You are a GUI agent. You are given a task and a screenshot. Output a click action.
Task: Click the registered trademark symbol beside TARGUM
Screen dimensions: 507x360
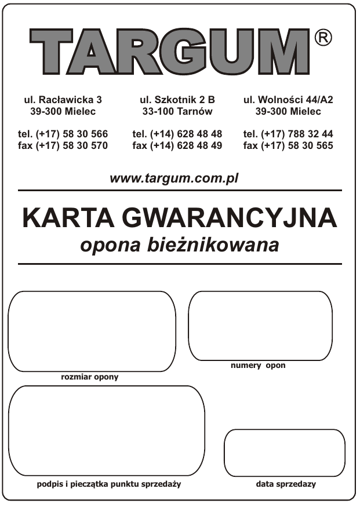[x=323, y=38]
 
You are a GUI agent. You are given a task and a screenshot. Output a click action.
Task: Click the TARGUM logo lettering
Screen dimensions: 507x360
[x=170, y=50]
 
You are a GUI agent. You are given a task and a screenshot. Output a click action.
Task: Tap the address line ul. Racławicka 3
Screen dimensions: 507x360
[x=63, y=100]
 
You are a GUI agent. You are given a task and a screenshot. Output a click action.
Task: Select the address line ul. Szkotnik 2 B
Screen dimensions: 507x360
[x=177, y=100]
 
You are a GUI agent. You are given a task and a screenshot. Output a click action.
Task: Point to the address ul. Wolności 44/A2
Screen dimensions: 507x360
[x=288, y=100]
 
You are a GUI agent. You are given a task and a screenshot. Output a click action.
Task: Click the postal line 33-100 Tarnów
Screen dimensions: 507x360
[x=177, y=111]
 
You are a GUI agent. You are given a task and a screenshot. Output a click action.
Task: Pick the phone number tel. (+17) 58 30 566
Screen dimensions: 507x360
[x=63, y=134]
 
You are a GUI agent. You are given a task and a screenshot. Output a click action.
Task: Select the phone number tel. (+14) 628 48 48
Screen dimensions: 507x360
[x=177, y=134]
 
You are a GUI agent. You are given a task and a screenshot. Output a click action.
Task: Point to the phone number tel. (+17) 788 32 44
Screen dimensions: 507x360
[x=288, y=134]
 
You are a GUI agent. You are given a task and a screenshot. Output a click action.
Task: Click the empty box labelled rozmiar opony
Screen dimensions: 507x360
[x=92, y=331]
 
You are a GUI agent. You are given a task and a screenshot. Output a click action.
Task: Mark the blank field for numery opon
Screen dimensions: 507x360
[x=260, y=326]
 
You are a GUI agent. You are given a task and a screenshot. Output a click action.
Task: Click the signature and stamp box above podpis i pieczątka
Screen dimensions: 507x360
[x=107, y=431]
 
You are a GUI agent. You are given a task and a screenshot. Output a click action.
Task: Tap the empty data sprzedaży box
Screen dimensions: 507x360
[x=284, y=453]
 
